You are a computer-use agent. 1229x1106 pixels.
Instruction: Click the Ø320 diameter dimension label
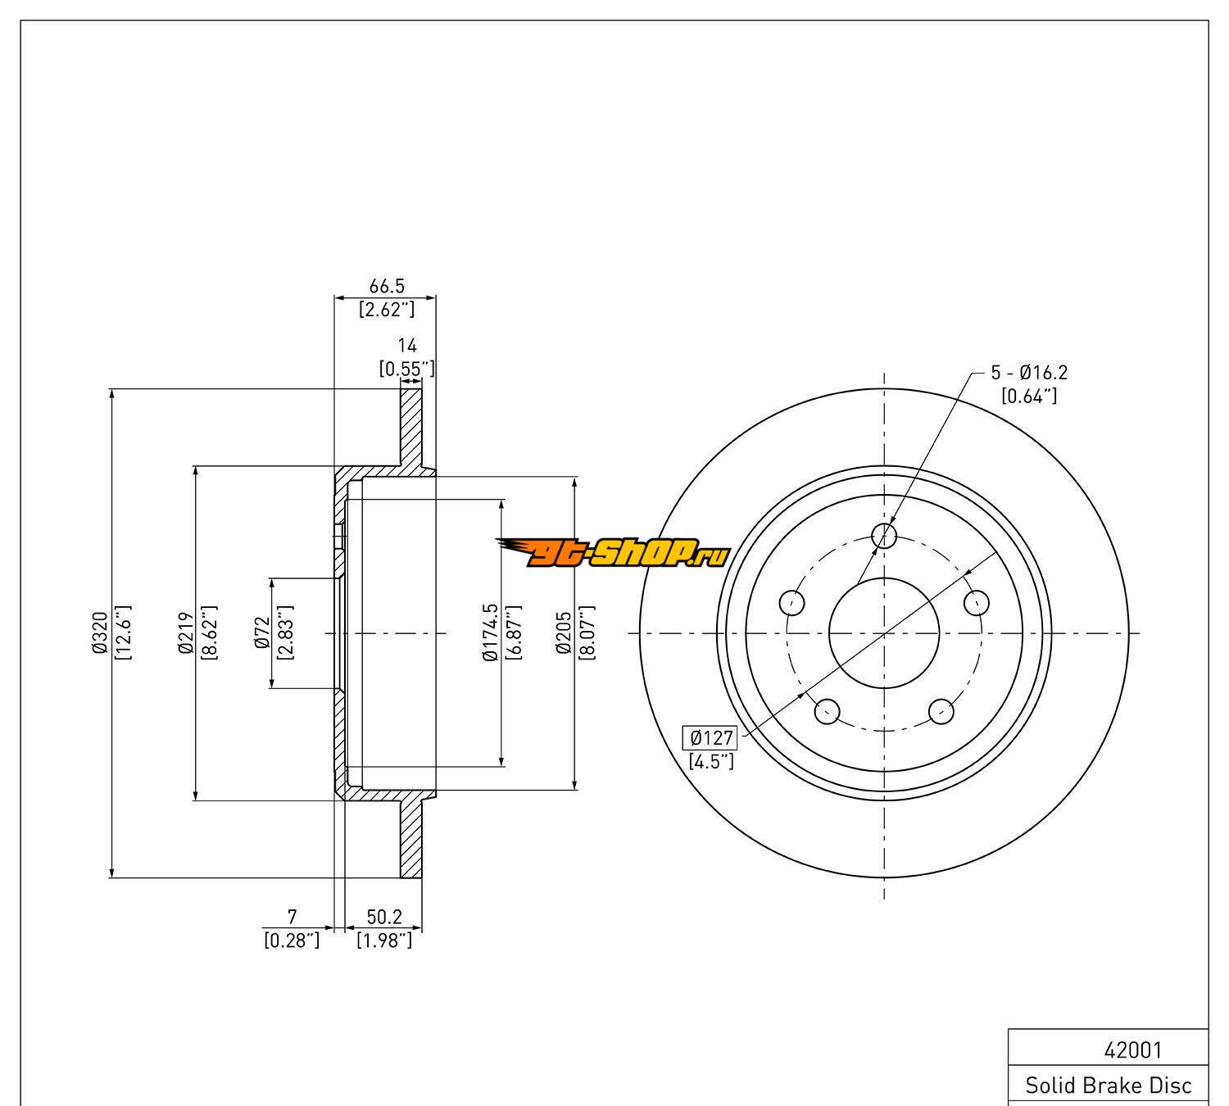pyautogui.click(x=100, y=632)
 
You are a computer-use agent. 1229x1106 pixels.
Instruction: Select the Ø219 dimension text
pyautogui.click(x=184, y=632)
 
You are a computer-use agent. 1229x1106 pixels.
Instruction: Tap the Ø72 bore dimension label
pyautogui.click(x=263, y=632)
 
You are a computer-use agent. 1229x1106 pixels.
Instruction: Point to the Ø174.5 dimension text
pyautogui.click(x=491, y=632)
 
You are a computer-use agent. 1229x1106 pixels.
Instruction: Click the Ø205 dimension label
pyautogui.click(x=564, y=632)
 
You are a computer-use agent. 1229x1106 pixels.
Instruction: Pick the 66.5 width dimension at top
pyautogui.click(x=387, y=286)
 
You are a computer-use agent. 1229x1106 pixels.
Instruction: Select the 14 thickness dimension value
pyautogui.click(x=407, y=346)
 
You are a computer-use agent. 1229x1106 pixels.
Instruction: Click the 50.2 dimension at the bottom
pyautogui.click(x=384, y=917)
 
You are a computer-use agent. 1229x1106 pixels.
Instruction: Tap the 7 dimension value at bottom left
pyautogui.click(x=292, y=917)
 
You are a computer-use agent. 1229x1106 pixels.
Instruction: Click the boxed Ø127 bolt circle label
pyautogui.click(x=710, y=737)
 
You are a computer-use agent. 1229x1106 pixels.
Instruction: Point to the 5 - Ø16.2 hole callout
pyautogui.click(x=1029, y=373)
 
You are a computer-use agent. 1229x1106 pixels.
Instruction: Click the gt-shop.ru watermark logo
pyautogui.click(x=613, y=553)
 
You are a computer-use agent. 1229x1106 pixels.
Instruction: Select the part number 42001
pyautogui.click(x=1133, y=1049)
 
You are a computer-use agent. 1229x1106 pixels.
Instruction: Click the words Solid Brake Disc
pyautogui.click(x=1109, y=1086)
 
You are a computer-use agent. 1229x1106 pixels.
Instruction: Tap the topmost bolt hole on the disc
pyautogui.click(x=884, y=536)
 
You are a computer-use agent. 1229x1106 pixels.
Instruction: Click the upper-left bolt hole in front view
pyautogui.click(x=792, y=603)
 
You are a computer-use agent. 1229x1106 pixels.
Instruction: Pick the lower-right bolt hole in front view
pyautogui.click(x=941, y=710)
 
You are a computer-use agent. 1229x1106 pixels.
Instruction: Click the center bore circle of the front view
pyautogui.click(x=884, y=632)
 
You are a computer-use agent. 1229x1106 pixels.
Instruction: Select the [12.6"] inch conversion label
pyautogui.click(x=123, y=632)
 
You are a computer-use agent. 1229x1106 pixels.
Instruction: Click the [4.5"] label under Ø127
pyautogui.click(x=710, y=761)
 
